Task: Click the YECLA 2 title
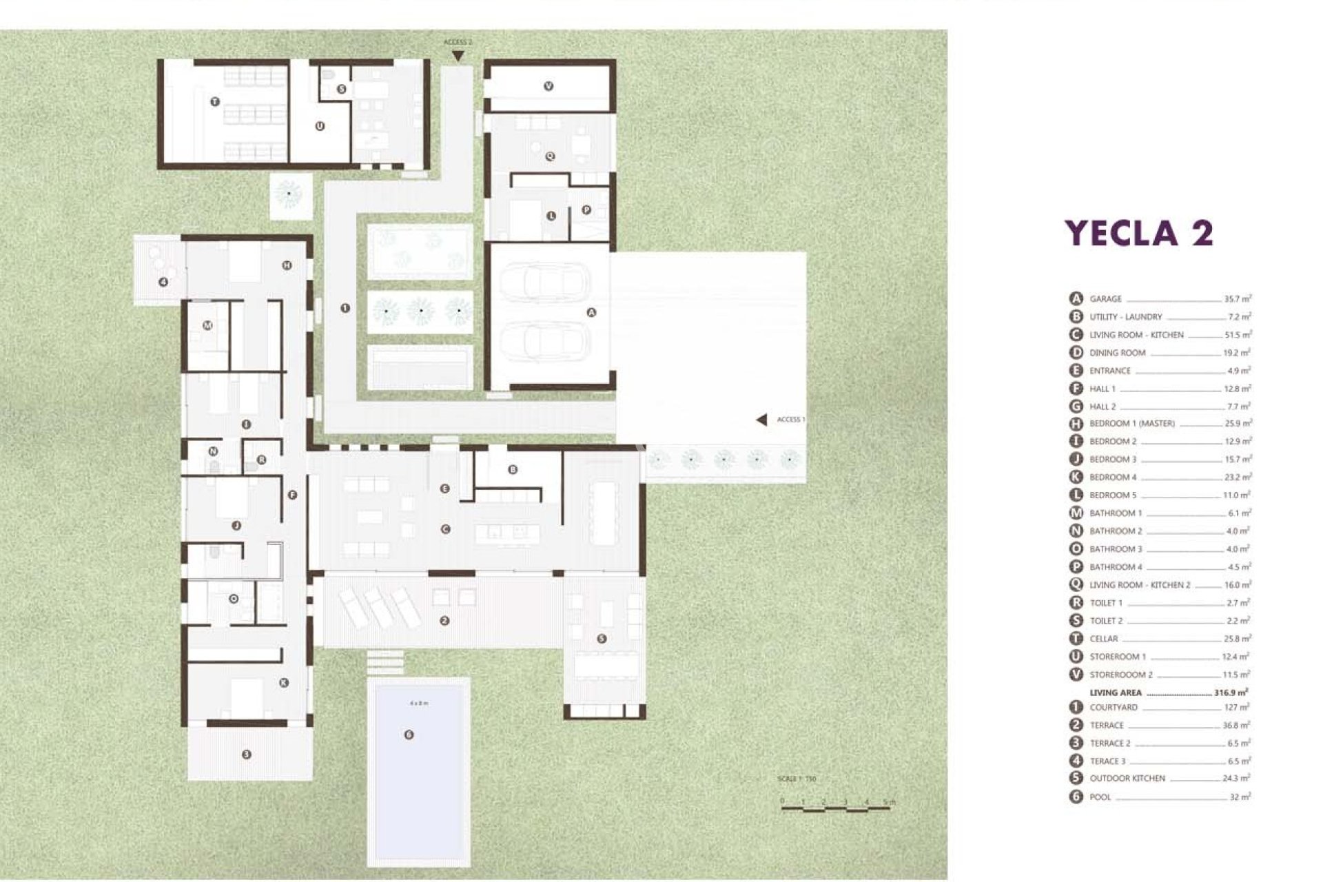coord(1138,233)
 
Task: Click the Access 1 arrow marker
coord(761,420)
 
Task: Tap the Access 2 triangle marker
coord(458,54)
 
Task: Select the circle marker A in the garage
coord(591,312)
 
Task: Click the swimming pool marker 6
coord(409,735)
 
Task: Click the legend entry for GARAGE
coord(1105,299)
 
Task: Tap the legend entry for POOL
coord(1100,797)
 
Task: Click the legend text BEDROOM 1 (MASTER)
coord(1131,424)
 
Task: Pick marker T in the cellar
coord(215,101)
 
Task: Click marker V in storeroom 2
coord(548,86)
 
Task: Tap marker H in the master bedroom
coord(287,265)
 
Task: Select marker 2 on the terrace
coord(444,621)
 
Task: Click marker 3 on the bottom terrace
coord(247,755)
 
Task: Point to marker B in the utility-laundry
coord(513,470)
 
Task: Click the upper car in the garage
coord(544,281)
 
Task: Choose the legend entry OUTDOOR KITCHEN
coord(1127,779)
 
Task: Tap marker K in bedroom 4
coord(284,683)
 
